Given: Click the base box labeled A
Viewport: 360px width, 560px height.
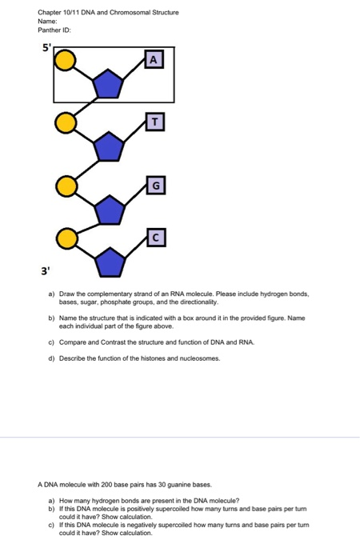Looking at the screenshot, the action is coord(154,59).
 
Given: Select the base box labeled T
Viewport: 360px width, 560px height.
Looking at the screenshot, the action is coord(155,122).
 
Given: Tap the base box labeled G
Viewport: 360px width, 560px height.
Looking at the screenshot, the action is coord(156,185).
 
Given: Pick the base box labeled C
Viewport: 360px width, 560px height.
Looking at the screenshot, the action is coord(156,238).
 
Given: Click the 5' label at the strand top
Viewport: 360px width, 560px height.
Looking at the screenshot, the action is coord(47,47).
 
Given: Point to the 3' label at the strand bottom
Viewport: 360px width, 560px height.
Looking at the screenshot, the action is coord(45,271).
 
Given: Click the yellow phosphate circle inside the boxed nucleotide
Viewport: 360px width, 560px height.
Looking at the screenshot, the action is coord(65,60).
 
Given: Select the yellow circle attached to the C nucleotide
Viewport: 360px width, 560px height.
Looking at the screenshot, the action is coord(66,238).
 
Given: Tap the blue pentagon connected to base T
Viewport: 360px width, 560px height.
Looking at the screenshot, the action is coord(109,146).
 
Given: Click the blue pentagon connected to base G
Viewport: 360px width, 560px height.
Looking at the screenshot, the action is coord(110,210).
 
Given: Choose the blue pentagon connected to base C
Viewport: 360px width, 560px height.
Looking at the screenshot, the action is coord(110,262).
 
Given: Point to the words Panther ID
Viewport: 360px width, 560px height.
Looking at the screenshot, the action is coord(54,30).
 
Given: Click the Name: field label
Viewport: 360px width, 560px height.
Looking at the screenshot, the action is coord(47,22).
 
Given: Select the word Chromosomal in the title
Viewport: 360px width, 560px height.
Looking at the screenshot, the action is coord(130,13).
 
